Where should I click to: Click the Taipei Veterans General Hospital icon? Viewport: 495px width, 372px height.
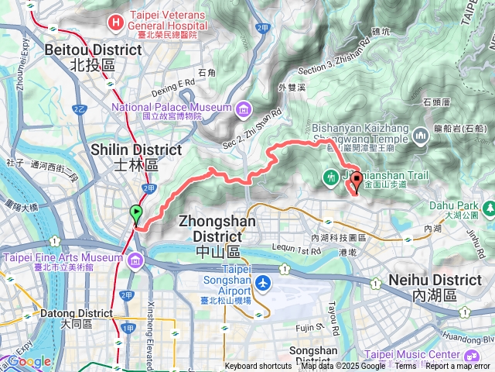click(116, 22)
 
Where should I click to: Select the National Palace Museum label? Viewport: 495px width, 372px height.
click(172, 107)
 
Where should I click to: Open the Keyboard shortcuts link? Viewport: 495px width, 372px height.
click(258, 367)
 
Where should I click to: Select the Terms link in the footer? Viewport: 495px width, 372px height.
click(405, 367)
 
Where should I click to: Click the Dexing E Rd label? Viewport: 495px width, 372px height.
click(173, 82)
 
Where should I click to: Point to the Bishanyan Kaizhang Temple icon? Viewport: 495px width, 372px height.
click(422, 136)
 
